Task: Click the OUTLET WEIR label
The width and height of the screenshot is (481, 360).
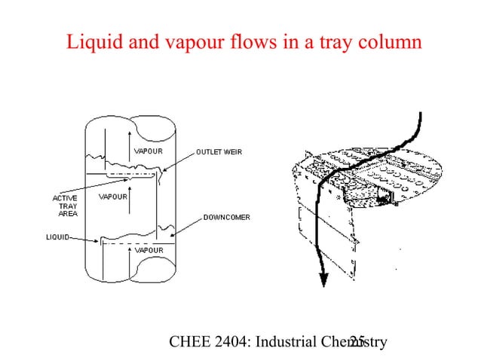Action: pos(219,151)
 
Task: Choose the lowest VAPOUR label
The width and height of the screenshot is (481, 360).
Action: pos(149,249)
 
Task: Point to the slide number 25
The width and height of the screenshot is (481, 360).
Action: pos(357,342)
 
